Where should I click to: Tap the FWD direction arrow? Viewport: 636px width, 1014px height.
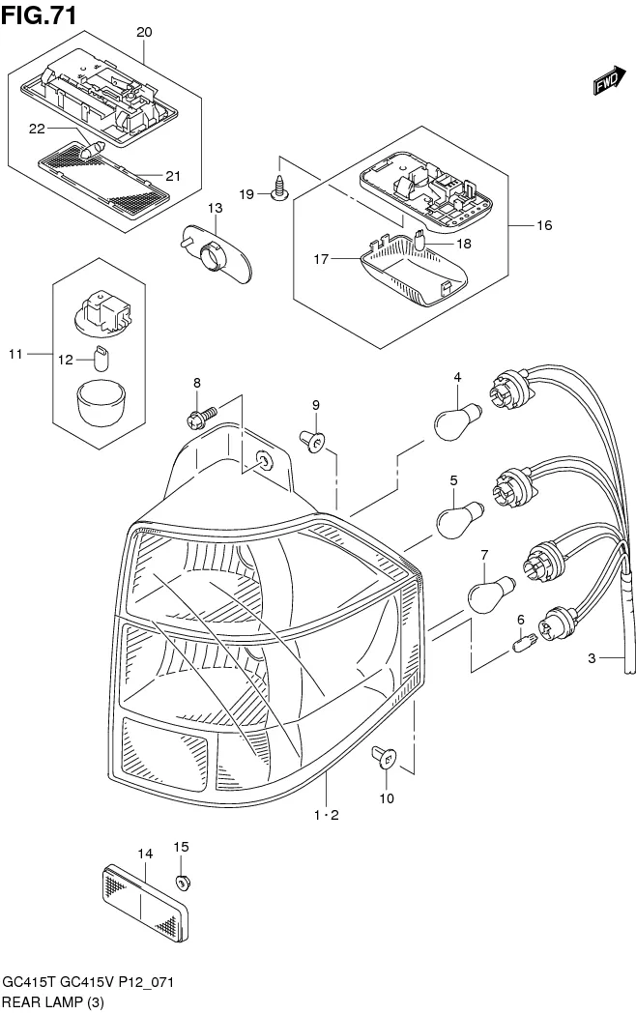coord(606,85)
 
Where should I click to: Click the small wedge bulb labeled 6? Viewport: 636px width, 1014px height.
coord(527,640)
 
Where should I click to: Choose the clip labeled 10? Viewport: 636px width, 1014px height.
coord(384,761)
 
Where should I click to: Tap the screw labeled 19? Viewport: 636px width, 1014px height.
coord(278,189)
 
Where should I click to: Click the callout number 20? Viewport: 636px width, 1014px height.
coord(144,32)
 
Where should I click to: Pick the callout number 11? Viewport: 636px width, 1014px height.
coord(14,355)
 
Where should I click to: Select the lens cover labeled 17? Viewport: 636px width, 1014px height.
coord(411,273)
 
